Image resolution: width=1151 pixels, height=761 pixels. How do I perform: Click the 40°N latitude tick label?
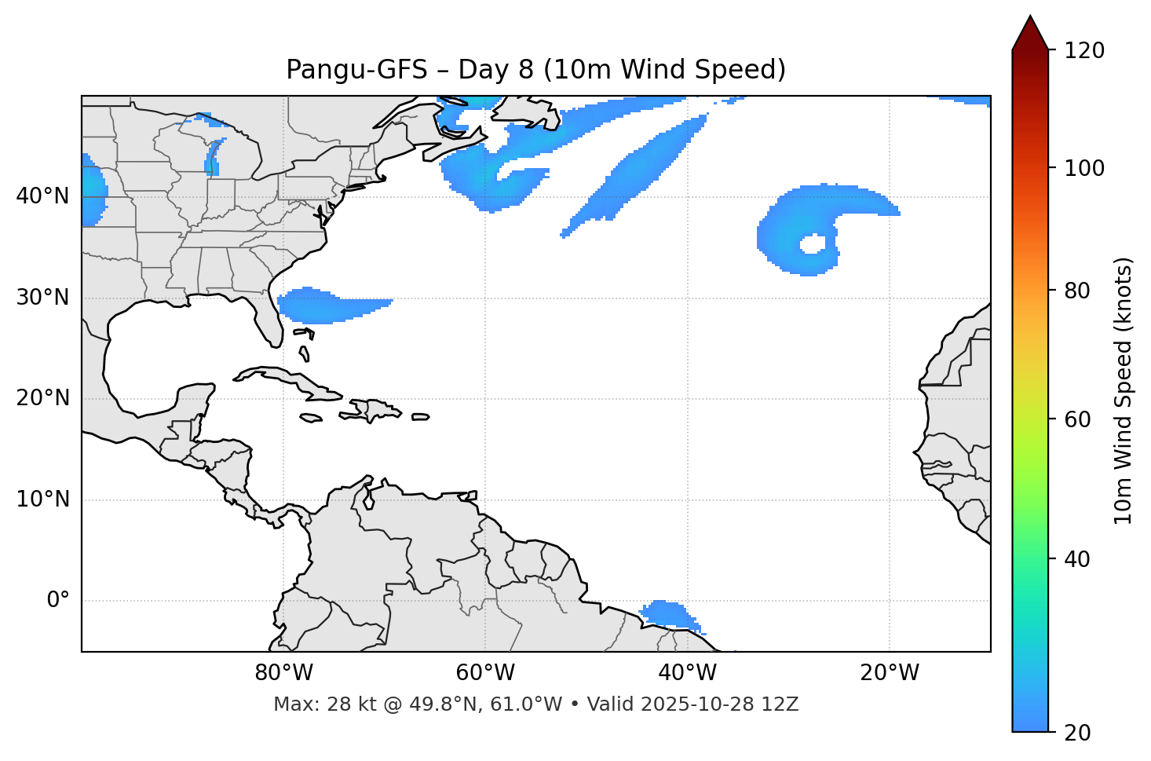coord(42,196)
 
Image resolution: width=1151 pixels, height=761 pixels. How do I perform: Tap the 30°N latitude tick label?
coord(42,298)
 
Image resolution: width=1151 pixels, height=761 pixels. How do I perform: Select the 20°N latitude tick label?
coord(42,398)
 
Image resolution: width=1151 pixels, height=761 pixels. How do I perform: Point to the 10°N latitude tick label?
coord(42,499)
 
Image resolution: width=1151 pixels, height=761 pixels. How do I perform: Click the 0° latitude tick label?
coord(58,601)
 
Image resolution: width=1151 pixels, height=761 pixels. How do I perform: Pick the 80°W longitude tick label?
coord(283,673)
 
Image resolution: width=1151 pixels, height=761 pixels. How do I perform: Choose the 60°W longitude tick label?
coord(485,673)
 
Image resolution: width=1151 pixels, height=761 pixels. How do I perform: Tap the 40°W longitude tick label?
coord(687,673)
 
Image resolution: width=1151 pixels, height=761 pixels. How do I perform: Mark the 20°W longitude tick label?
coord(889,673)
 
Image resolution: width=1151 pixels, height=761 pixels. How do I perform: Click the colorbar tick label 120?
coord(1084,50)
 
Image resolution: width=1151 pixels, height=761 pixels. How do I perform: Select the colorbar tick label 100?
coord(1084,168)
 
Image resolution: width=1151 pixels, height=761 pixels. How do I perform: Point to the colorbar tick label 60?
coord(1077,419)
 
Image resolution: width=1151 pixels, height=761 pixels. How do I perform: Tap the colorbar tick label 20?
coord(1077,733)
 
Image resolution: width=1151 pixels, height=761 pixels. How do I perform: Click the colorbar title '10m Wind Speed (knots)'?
coord(1124,390)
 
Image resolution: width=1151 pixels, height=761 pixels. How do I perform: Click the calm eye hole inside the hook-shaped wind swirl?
coord(813,244)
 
